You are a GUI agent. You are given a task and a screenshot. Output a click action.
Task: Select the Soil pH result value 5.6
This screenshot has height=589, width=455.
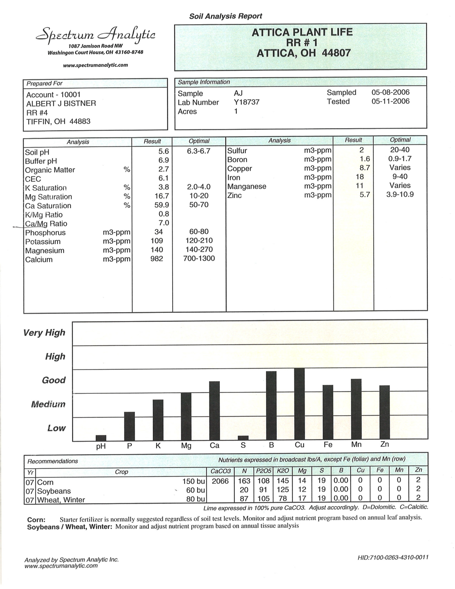tap(163, 151)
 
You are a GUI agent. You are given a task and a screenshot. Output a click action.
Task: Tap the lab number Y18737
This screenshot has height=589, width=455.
tap(246, 102)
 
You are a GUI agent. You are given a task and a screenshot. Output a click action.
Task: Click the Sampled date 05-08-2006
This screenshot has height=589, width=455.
tap(390, 92)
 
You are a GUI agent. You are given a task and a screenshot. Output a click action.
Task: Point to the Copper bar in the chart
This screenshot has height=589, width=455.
tap(299, 404)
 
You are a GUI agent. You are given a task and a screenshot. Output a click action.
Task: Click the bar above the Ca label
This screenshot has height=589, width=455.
tap(215, 411)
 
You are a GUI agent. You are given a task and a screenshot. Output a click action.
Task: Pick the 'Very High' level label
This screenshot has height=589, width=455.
tap(44, 333)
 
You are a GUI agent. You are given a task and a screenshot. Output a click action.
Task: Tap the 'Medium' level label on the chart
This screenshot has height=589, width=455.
tap(48, 404)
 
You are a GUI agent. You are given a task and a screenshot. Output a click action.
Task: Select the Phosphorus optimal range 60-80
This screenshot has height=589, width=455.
tap(199, 232)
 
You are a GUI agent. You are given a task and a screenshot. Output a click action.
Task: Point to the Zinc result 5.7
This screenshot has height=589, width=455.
tap(365, 195)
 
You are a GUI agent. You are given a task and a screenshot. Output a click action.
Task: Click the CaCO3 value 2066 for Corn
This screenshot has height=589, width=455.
tap(221, 481)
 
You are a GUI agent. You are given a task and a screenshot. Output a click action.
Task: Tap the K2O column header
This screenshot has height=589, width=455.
tap(283, 471)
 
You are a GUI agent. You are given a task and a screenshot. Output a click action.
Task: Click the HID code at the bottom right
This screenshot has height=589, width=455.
tap(393, 557)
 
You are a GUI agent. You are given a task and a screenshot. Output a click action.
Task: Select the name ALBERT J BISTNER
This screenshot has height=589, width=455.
tap(61, 103)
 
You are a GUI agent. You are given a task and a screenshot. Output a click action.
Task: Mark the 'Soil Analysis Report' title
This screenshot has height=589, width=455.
tap(225, 16)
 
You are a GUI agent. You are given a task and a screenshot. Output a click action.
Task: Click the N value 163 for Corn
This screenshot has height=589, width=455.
tap(244, 481)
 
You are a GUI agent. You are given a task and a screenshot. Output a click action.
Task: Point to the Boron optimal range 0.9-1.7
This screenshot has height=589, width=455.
tap(400, 159)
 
